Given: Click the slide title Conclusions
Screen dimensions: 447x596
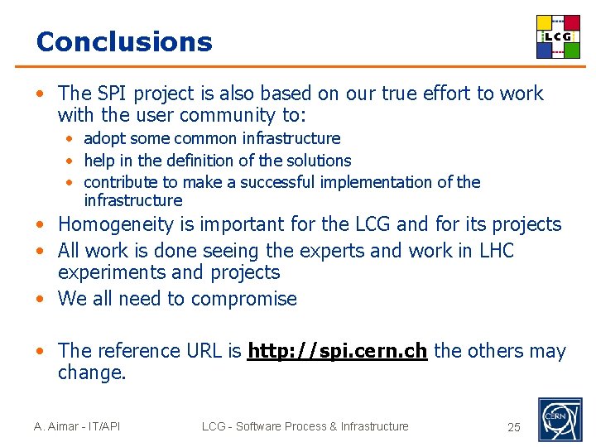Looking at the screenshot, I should (124, 41).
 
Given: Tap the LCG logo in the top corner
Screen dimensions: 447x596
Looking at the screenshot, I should (558, 36).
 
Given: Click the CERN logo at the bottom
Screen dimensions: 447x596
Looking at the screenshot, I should (560, 420).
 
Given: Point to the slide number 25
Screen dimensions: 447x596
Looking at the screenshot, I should (514, 427).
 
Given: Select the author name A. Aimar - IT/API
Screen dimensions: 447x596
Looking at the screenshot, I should (77, 426).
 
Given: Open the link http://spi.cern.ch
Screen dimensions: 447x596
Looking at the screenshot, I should (337, 351).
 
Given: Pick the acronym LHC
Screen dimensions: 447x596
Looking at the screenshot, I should (497, 250).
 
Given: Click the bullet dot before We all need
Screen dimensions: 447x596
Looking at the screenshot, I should (40, 299).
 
